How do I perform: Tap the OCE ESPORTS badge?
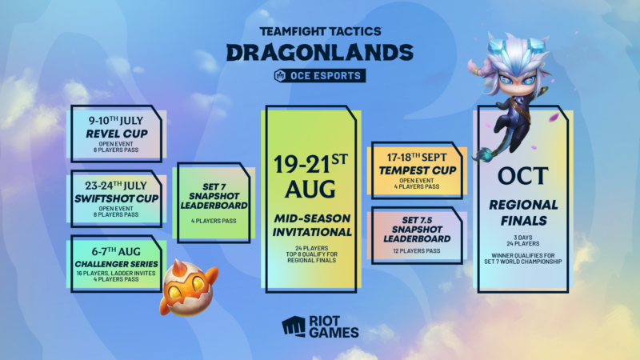point(319,76)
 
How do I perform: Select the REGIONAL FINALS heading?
point(522,212)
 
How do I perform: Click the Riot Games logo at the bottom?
point(320,326)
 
